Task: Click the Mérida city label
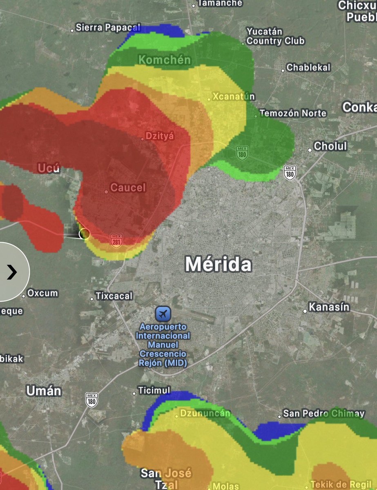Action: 219,264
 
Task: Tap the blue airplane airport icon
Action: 163,314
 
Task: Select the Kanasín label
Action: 329,307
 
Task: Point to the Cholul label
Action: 330,146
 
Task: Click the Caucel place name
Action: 128,188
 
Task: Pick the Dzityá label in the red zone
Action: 160,136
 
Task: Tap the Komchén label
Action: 165,60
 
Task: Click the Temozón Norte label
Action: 293,113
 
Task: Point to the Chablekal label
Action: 308,68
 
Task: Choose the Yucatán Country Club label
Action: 275,36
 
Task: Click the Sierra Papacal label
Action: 108,28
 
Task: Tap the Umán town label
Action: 44,391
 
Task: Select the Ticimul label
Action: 154,391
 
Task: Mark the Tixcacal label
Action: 114,296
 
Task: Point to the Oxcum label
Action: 42,294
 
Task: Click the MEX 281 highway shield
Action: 116,239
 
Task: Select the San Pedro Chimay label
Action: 324,414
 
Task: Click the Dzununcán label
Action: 205,413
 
